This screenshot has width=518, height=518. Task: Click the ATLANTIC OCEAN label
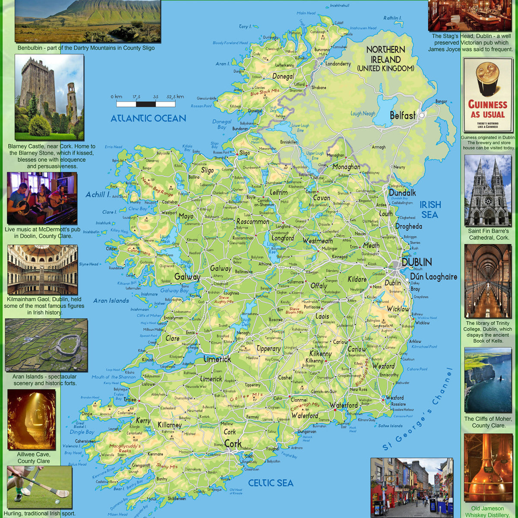click(x=148, y=118)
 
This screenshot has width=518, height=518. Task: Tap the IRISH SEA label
click(x=430, y=210)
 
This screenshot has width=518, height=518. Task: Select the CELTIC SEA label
click(x=271, y=483)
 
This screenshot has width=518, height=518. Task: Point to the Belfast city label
click(x=402, y=116)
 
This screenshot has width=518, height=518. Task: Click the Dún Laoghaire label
click(x=433, y=277)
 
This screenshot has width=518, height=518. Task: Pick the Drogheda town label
click(x=408, y=226)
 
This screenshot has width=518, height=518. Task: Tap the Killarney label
click(x=169, y=425)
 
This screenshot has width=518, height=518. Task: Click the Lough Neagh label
click(x=363, y=114)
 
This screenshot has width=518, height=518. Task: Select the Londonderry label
click(x=338, y=63)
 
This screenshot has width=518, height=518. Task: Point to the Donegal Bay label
click(x=222, y=124)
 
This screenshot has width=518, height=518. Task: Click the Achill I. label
click(x=98, y=195)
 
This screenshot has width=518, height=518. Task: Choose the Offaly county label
click(x=319, y=286)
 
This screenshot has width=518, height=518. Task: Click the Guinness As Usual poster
click(x=488, y=95)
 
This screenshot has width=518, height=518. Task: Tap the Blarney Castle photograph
click(x=49, y=97)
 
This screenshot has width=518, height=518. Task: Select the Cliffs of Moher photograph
click(x=488, y=380)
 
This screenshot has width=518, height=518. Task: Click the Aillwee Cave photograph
click(x=32, y=420)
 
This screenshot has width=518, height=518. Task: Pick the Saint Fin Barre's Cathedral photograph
click(x=488, y=190)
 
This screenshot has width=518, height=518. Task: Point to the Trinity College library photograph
click(x=488, y=281)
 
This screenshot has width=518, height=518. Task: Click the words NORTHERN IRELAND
click(x=385, y=54)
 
